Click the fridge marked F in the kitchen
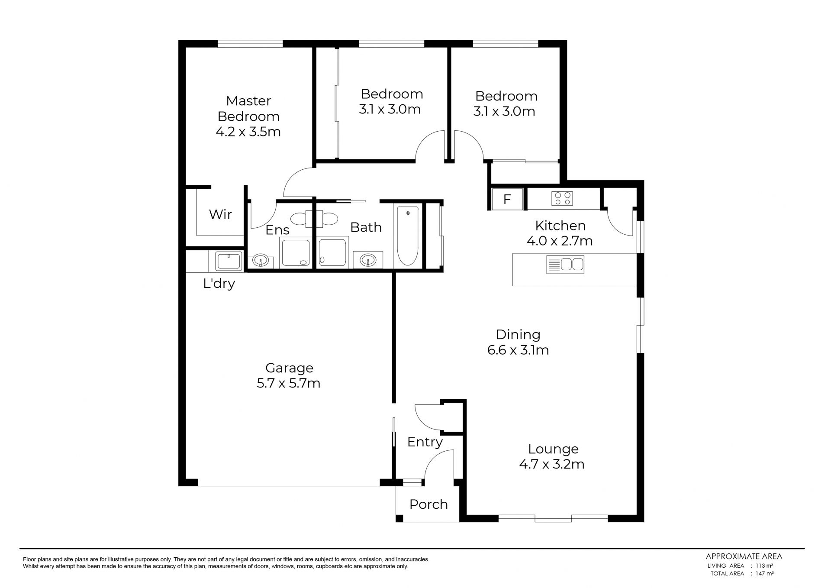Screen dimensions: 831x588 point(507,199)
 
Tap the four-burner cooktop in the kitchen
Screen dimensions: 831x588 point(562,199)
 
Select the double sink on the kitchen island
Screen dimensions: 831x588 point(565,265)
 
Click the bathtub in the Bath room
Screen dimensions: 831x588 point(408,236)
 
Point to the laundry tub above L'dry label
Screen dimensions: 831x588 point(229,262)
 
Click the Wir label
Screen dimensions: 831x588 point(220,214)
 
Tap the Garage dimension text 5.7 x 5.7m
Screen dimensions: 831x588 point(288,383)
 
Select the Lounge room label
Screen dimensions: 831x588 point(553,449)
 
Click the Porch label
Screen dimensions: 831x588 point(428,504)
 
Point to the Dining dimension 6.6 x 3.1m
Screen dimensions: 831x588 point(518,350)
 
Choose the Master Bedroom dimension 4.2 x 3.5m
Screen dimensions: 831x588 point(248,132)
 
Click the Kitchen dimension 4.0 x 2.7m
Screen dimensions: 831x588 point(560,241)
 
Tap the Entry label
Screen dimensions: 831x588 point(425,442)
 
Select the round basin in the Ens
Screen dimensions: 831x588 point(261,261)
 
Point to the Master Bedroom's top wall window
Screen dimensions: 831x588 point(250,44)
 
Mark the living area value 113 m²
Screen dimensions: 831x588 point(764,565)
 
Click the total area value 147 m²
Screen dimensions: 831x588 point(764,573)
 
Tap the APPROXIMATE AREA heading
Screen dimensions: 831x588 point(744,557)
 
